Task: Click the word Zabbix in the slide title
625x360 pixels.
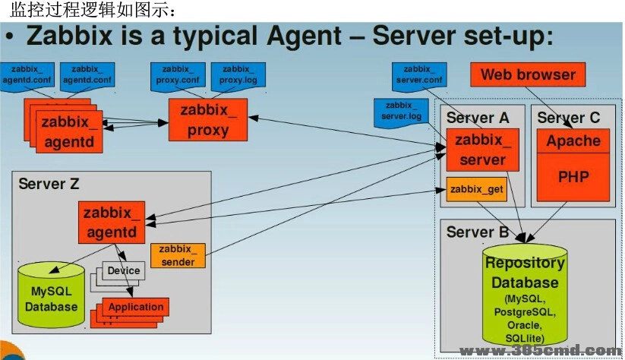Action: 71,35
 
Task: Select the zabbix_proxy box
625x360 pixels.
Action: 208,120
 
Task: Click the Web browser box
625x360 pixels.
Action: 528,74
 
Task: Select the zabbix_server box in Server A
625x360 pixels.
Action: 482,150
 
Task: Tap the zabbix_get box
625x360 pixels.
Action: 477,188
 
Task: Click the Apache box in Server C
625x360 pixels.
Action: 573,141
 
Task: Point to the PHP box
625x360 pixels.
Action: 573,177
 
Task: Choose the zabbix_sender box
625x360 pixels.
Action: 178,255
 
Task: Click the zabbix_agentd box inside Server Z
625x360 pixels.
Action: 111,222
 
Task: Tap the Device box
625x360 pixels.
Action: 124,271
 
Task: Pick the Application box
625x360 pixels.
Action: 136,308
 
